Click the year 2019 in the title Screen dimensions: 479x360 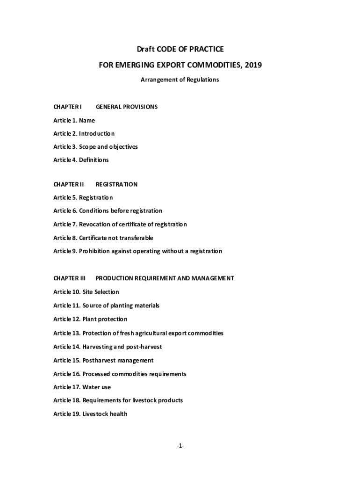click(252, 65)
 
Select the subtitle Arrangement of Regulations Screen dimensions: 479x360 click(180, 80)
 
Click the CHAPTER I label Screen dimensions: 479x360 click(68, 107)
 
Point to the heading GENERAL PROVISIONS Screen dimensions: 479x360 click(126, 107)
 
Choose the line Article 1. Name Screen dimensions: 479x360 click(74, 120)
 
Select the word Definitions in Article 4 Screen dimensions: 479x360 click(94, 160)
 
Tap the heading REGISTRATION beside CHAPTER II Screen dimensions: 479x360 click(116, 184)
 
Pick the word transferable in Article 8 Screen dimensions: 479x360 click(136, 238)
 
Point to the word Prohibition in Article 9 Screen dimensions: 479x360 click(95, 251)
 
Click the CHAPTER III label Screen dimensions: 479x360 click(70, 278)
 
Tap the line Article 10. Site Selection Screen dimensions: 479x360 click(86, 292)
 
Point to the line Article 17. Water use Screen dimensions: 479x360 click(82, 387)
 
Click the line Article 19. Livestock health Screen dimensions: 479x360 click(90, 414)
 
